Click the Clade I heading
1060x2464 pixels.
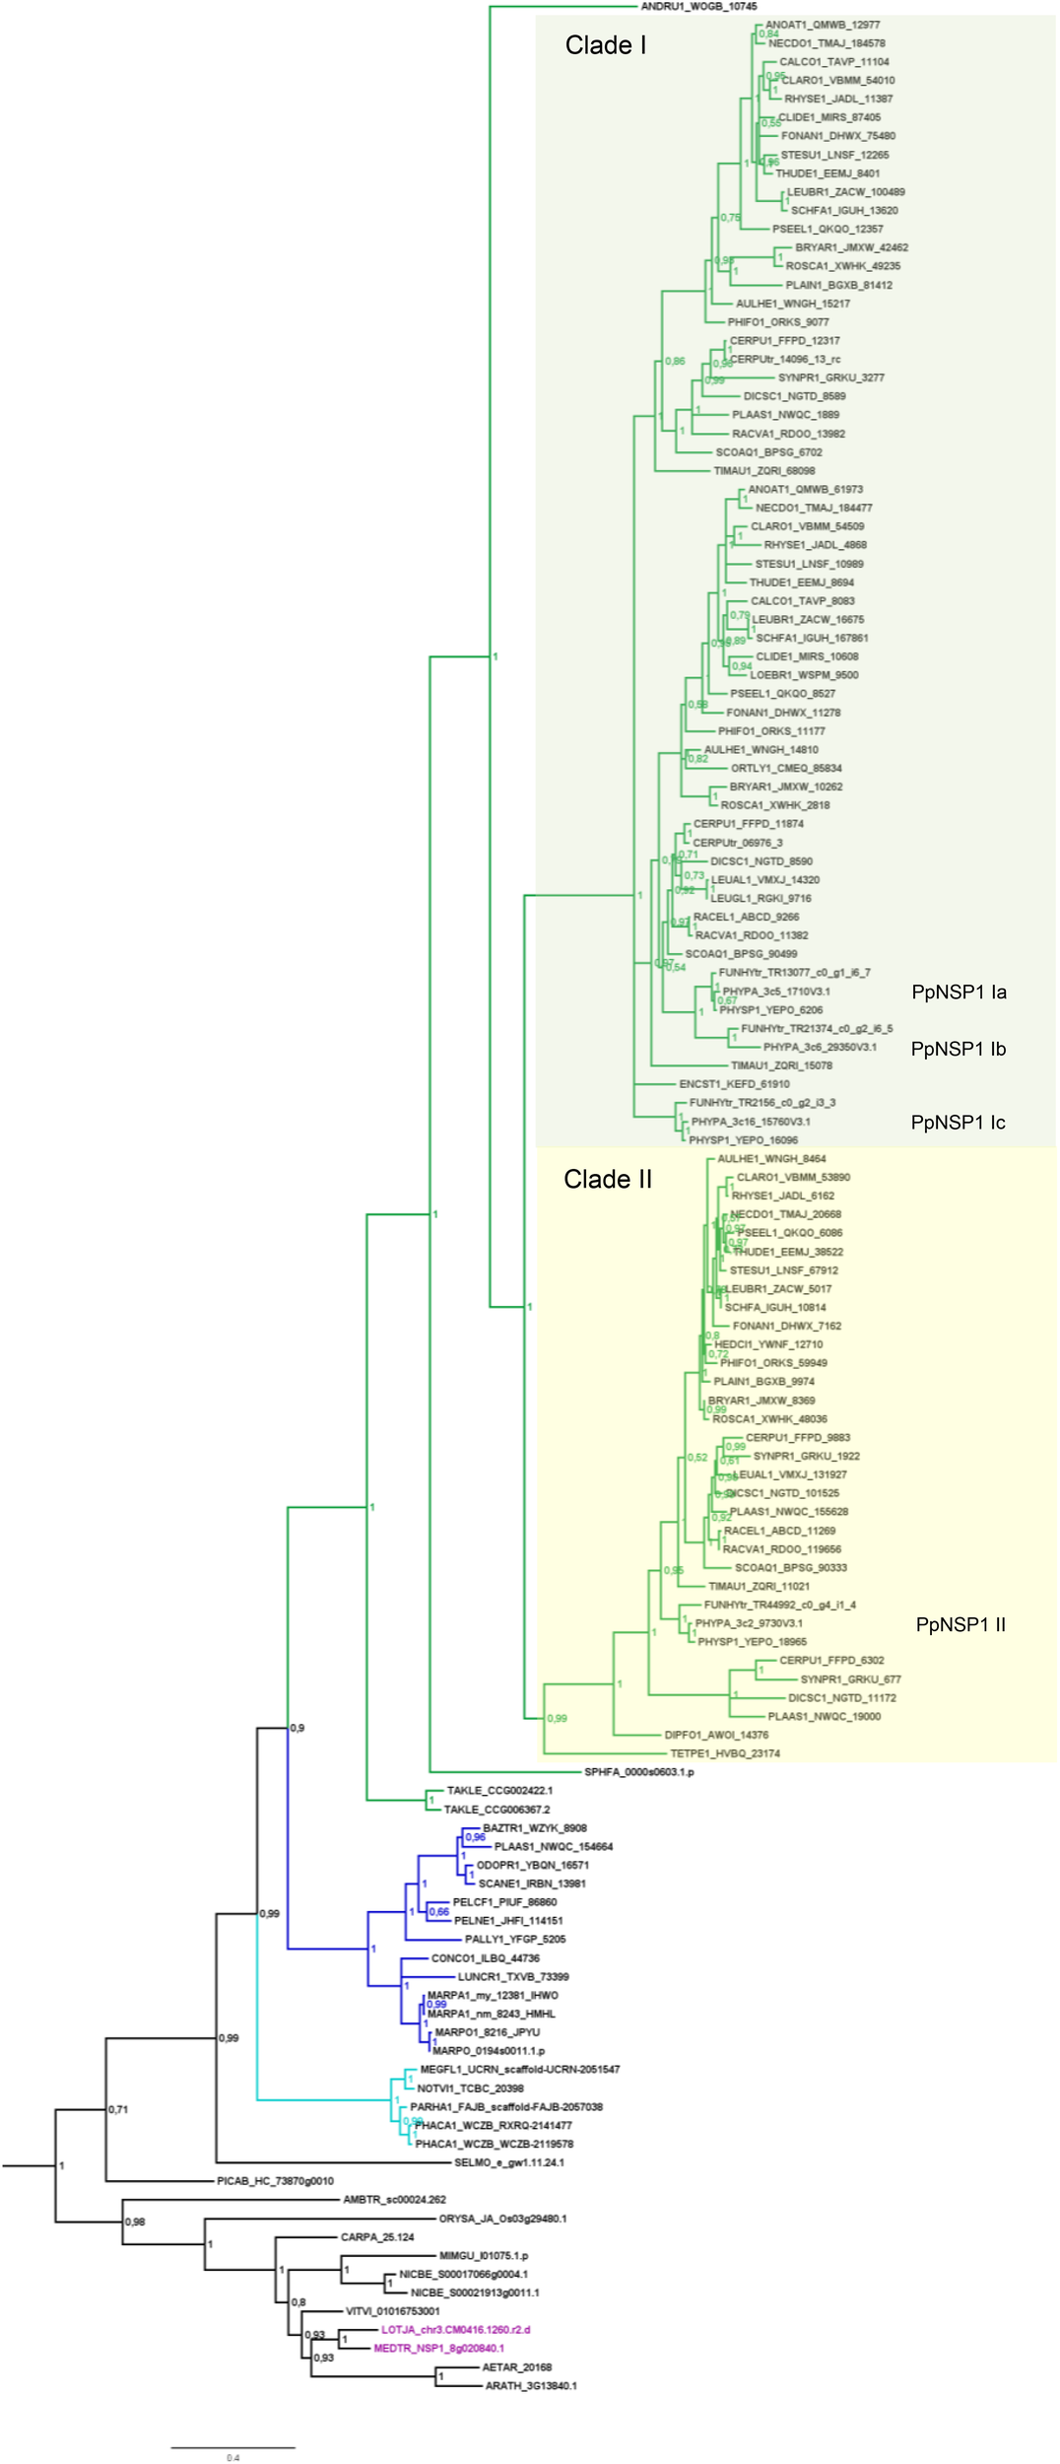pyautogui.click(x=605, y=45)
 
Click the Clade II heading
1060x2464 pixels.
pyautogui.click(x=607, y=1179)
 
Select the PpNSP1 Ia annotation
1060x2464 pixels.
pyautogui.click(x=959, y=992)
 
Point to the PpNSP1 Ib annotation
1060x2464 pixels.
pyautogui.click(x=958, y=1049)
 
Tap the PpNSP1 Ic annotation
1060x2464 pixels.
pyautogui.click(x=958, y=1123)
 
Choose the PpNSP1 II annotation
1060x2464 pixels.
pyautogui.click(x=961, y=1624)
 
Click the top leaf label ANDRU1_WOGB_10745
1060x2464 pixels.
pyautogui.click(x=698, y=7)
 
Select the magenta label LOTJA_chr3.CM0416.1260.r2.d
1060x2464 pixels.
pyautogui.click(x=455, y=2330)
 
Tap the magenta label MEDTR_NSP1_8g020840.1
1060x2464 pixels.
pyautogui.click(x=438, y=2349)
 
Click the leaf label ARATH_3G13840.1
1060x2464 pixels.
pyautogui.click(x=531, y=2386)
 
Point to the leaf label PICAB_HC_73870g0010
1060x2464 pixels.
pyautogui.click(x=275, y=2181)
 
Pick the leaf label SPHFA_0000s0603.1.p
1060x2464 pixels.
pyautogui.click(x=638, y=1772)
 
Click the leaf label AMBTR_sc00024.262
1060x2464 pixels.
pyautogui.click(x=394, y=2200)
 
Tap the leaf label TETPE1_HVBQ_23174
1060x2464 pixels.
pyautogui.click(x=724, y=1753)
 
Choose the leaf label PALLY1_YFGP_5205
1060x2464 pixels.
pyautogui.click(x=515, y=1939)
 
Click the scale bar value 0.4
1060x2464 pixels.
pyautogui.click(x=232, y=2457)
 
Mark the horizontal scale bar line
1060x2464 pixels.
pyautogui.click(x=232, y=2447)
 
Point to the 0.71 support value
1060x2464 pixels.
pyautogui.click(x=118, y=2109)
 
